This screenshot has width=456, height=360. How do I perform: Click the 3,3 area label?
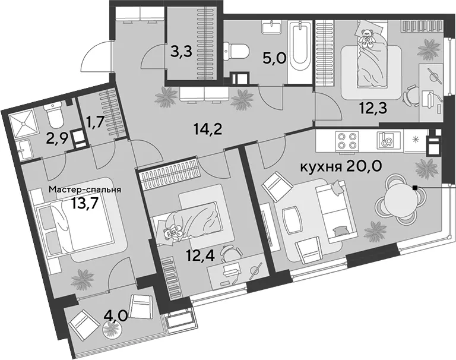pyautogui.click(x=182, y=52)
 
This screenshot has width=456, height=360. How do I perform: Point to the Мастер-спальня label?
pyautogui.click(x=85, y=190)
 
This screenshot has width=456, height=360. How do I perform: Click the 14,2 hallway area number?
pyautogui.click(x=208, y=129)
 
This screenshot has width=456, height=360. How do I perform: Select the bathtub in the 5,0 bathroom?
pyautogui.click(x=300, y=52)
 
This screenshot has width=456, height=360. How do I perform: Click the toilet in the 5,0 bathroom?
pyautogui.click(x=236, y=52)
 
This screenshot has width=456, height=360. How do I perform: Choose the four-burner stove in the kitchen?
pyautogui.click(x=347, y=141)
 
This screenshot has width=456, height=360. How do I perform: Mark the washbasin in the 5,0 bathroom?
pyautogui.click(x=272, y=27)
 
